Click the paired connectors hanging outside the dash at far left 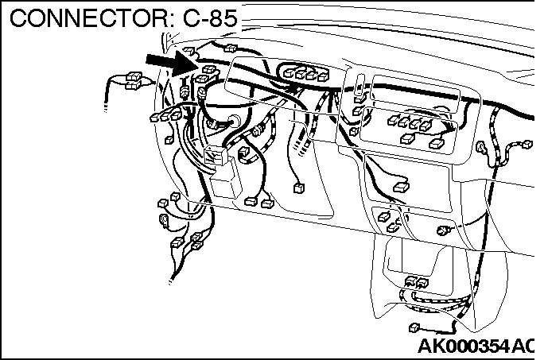coord(127,80)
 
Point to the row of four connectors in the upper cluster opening coord(307,74)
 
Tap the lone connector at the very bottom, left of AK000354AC coord(414,328)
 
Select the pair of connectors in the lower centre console coord(416,282)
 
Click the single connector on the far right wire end coord(526,144)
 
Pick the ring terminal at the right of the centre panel coord(483,148)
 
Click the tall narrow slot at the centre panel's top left coord(361,84)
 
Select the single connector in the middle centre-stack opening coord(400,186)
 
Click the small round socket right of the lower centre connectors coord(443,230)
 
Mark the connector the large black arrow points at coord(210,71)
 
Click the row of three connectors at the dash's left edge coord(165,117)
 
